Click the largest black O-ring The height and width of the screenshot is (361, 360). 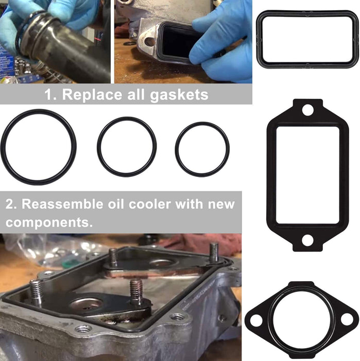4,147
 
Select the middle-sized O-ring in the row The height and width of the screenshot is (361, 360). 99,147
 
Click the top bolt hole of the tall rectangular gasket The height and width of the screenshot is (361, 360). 307,110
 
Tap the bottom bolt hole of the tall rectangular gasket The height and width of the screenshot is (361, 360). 307,240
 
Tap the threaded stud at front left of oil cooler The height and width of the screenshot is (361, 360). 35,292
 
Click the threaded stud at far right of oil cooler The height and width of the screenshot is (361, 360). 214,253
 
